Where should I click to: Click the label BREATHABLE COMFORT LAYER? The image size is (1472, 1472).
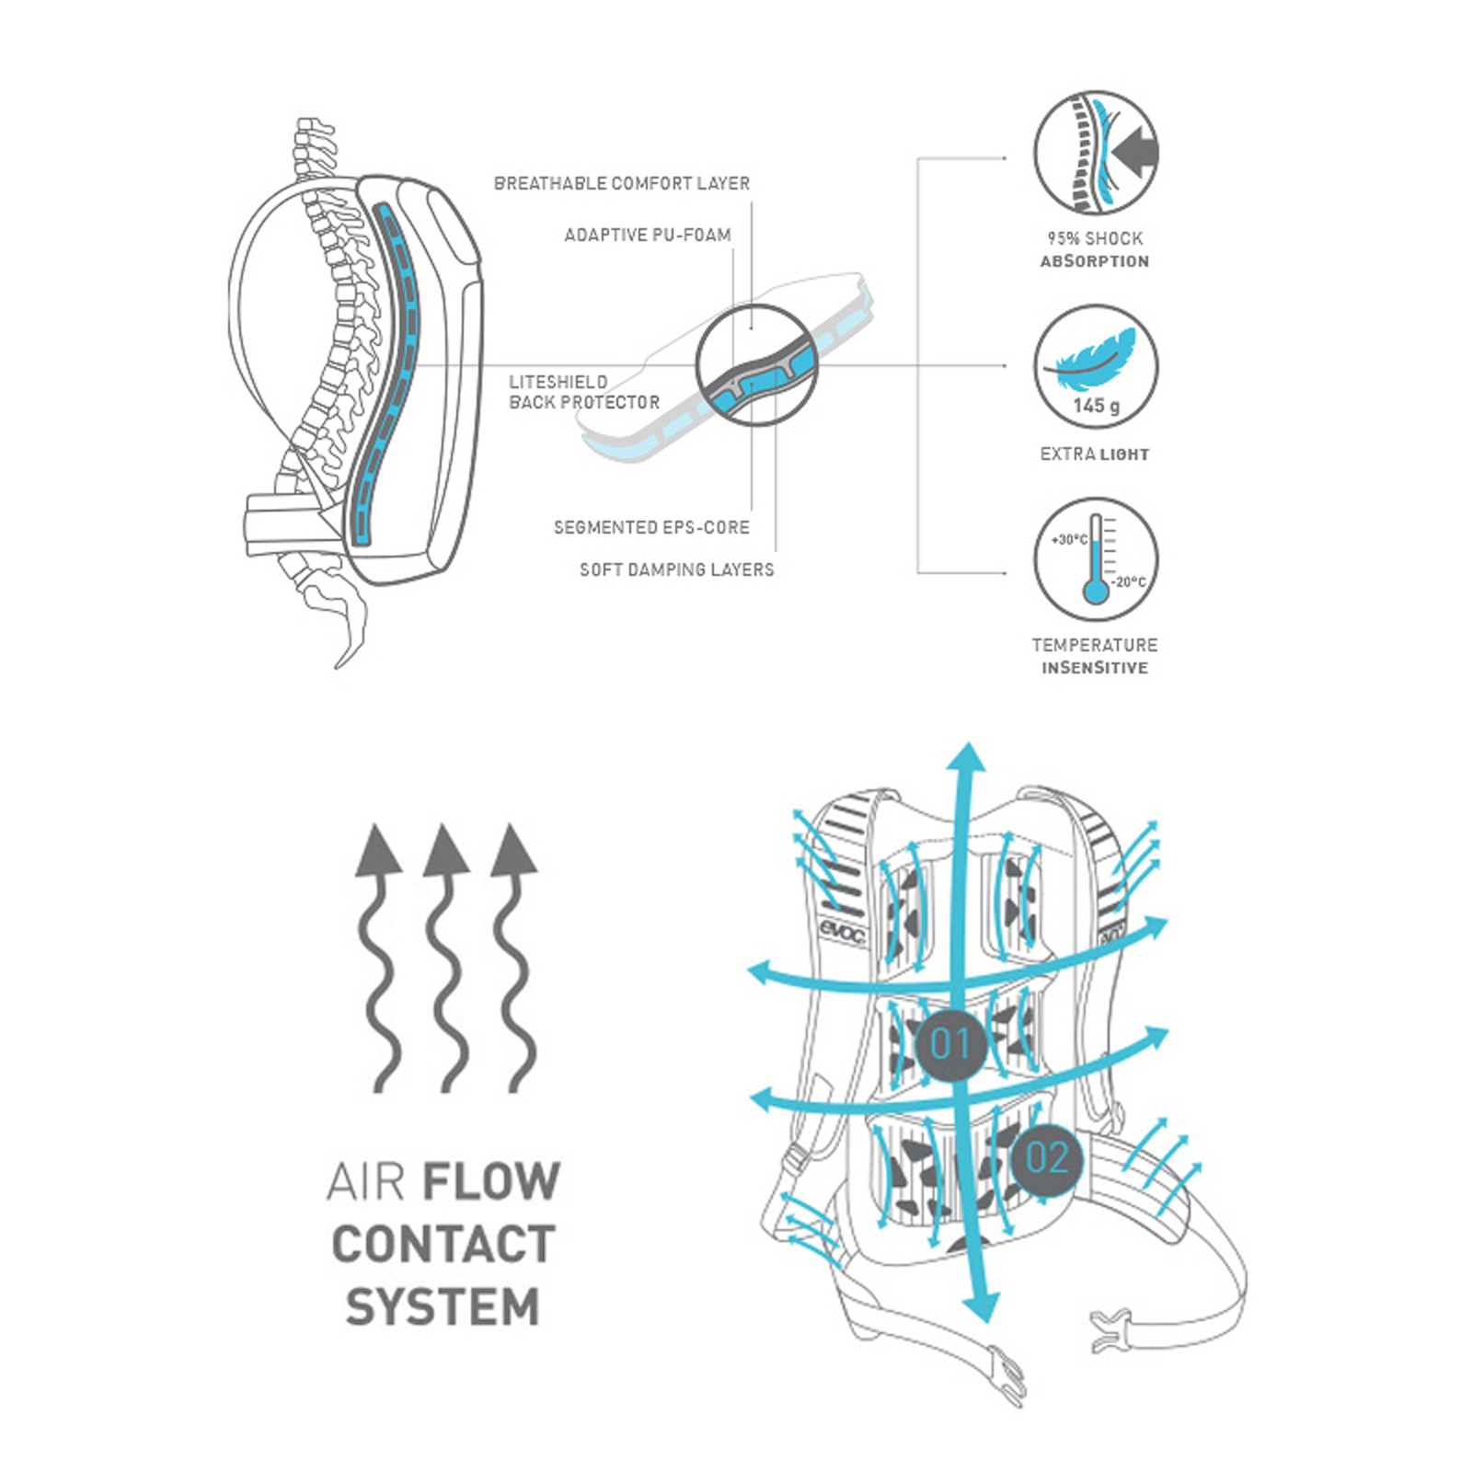pos(622,183)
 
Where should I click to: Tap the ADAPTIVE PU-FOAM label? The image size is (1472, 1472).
pos(648,235)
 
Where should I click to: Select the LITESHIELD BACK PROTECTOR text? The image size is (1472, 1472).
pos(583,392)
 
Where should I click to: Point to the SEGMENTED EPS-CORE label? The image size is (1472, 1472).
pos(651,527)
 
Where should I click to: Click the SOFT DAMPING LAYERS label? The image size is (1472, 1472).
pos(676,569)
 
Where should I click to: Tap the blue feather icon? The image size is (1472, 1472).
pos(1093,356)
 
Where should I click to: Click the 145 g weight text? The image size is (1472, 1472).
pos(1096,406)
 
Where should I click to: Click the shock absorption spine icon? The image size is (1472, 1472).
pos(1095,154)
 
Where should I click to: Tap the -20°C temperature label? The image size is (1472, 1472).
pos(1130,581)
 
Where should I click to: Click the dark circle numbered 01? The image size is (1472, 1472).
pos(951,1044)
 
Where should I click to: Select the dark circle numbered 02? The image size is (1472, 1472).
pos(1047,1159)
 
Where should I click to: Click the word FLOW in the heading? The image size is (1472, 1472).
pos(491,1181)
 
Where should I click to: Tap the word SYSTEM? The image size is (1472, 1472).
pos(443,1307)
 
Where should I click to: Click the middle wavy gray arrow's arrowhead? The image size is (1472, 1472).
pos(445,848)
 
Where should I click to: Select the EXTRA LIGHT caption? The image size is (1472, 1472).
pos(1095,454)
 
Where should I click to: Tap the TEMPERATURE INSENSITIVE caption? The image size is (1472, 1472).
pos(1095,656)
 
